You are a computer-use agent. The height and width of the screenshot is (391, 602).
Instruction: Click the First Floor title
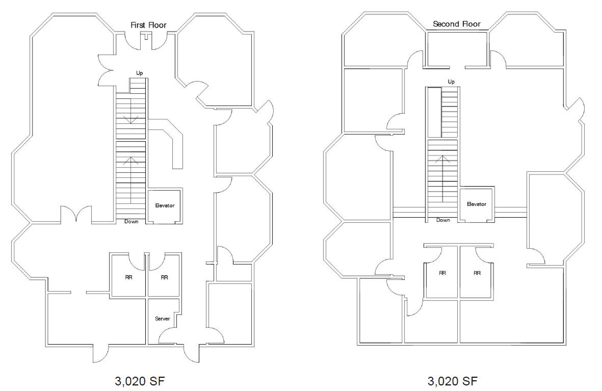tap(148, 25)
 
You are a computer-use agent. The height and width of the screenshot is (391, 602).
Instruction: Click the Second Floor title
tap(457, 24)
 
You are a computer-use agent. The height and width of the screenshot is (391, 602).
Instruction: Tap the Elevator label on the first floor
tap(165, 206)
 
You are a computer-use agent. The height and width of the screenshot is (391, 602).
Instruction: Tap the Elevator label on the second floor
tap(477, 204)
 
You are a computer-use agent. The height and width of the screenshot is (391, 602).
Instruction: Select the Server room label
tap(162, 319)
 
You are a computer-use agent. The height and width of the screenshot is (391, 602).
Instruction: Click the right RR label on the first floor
tap(164, 277)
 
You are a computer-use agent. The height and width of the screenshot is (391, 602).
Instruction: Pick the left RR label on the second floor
tap(442, 273)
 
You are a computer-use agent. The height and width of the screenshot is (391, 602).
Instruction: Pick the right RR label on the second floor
tap(477, 273)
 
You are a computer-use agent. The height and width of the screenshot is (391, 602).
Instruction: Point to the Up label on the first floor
tap(139, 73)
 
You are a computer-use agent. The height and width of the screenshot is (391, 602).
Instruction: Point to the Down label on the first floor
tap(131, 221)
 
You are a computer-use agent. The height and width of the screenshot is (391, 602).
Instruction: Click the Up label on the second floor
tap(451, 82)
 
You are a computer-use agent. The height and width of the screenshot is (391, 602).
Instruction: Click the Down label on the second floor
tap(443, 220)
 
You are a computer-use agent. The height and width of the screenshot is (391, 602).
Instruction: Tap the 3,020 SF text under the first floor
tap(140, 381)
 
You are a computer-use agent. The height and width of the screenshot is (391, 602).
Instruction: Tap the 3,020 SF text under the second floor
tap(453, 381)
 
